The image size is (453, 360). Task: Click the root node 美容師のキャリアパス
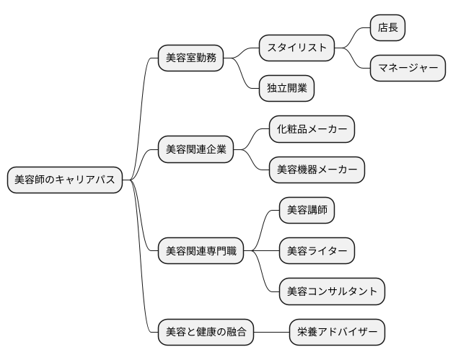[x=64, y=180]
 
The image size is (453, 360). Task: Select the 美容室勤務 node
[x=190, y=58]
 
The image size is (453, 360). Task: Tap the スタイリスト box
[x=297, y=48]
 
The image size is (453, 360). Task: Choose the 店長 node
[x=387, y=28]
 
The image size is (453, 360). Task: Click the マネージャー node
[x=408, y=69]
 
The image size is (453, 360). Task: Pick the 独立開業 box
[x=286, y=89]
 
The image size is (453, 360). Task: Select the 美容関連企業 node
[x=195, y=149]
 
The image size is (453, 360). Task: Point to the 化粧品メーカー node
[x=312, y=129]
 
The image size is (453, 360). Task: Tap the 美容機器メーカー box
[x=317, y=170]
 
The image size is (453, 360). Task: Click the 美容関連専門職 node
[x=201, y=251]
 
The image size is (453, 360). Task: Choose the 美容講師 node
[x=307, y=210]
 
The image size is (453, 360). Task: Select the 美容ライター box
[x=317, y=250]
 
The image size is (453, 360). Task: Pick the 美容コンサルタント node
[x=332, y=291]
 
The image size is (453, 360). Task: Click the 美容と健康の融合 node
[x=206, y=333]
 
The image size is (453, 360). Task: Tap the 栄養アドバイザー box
[x=337, y=333]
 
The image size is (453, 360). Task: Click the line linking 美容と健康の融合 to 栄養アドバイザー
[x=271, y=333]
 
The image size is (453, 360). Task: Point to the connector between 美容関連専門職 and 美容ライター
[x=261, y=251]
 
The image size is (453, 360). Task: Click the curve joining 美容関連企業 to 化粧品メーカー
[x=252, y=138]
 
